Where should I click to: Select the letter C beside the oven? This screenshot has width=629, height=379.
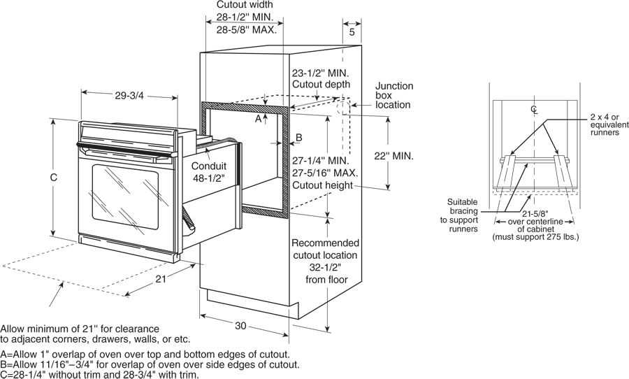pyautogui.click(x=52, y=178)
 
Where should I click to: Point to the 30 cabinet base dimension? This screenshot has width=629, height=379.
pyautogui.click(x=241, y=326)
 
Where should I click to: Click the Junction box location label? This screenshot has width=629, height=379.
pyautogui.click(x=394, y=95)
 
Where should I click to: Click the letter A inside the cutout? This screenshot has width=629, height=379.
pyautogui.click(x=258, y=120)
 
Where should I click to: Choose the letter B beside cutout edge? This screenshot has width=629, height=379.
pyautogui.click(x=298, y=138)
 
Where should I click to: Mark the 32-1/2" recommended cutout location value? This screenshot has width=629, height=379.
pyautogui.click(x=324, y=267)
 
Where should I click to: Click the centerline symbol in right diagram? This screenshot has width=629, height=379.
pyautogui.click(x=535, y=109)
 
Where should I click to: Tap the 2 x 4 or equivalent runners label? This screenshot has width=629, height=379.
pyautogui.click(x=605, y=124)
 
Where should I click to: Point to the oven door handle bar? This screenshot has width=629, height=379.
pyautogui.click(x=126, y=150)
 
